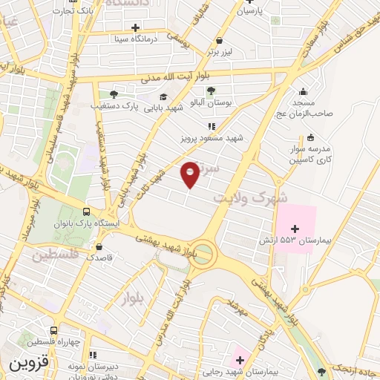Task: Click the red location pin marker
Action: pyautogui.click(x=190, y=174)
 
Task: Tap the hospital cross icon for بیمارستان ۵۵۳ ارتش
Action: pyautogui.click(x=295, y=228)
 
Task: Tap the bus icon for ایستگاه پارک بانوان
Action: pyautogui.click(x=88, y=212)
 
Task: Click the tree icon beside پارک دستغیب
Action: pyautogui.click(x=114, y=94)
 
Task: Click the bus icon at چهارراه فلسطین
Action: pyautogui.click(x=53, y=331)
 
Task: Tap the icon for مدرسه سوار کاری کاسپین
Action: pyautogui.click(x=310, y=137)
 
